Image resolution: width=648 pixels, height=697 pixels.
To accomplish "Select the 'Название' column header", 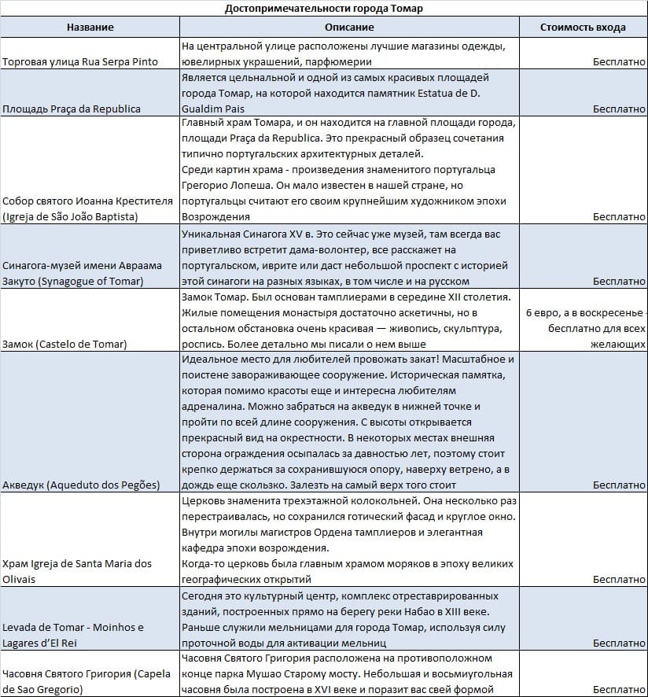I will click(x=90, y=27).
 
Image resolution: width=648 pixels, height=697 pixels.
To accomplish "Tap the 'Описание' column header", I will click(x=349, y=27).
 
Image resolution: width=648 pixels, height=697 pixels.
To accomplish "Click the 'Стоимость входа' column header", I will click(x=583, y=27).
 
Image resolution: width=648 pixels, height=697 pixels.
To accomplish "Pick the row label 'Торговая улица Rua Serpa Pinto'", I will click(x=80, y=61).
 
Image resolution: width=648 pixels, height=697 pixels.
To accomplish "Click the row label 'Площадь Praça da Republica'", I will click(x=72, y=109).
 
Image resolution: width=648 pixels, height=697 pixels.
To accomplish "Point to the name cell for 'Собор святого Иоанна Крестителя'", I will click(x=87, y=208).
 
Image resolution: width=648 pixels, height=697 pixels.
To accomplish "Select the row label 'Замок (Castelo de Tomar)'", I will click(x=64, y=344).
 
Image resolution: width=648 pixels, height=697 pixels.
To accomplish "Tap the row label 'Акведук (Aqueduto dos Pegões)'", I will click(x=81, y=485).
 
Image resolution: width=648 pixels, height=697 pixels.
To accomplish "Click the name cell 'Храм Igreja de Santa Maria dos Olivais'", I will click(x=77, y=571).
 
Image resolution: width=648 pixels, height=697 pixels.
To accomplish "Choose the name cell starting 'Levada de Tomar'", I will click(x=73, y=635).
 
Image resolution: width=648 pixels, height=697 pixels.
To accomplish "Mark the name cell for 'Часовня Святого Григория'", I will click(x=87, y=681).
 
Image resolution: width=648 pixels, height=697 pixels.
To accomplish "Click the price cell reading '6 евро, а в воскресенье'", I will click(x=583, y=312).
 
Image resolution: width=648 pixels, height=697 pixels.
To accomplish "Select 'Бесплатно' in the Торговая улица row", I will click(x=619, y=61).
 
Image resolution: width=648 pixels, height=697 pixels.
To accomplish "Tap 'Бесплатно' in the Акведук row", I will click(x=619, y=485).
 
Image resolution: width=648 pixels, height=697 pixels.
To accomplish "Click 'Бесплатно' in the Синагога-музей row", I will click(x=619, y=281).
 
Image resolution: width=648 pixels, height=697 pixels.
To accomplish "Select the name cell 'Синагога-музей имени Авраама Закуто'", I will click(x=82, y=273).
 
